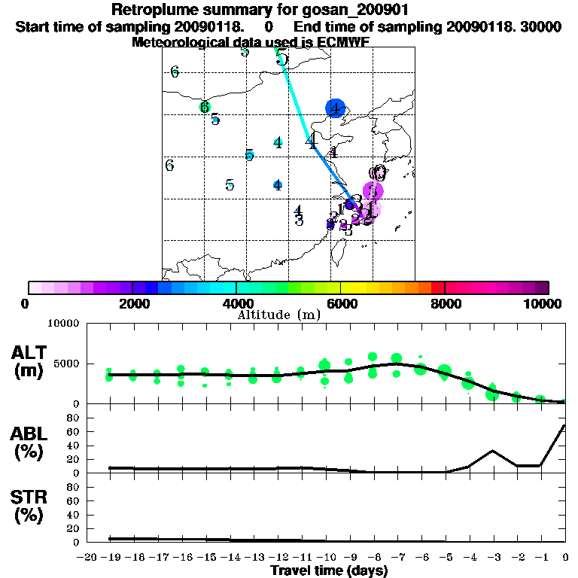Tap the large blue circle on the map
click(335, 108)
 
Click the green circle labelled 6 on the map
click(204, 107)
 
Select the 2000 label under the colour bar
click(132, 303)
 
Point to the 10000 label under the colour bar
click(543, 303)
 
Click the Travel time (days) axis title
click(329, 571)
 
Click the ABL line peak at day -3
click(492, 451)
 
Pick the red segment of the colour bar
click(437, 287)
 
